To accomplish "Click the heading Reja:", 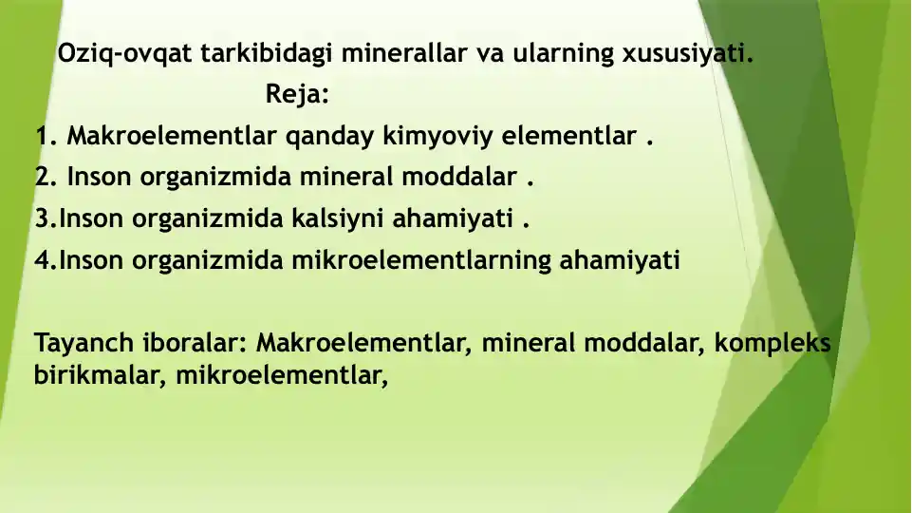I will [x=297, y=95].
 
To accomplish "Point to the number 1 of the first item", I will [x=42, y=137].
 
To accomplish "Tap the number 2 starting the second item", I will [x=42, y=178].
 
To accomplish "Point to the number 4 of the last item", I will [x=42, y=260].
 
